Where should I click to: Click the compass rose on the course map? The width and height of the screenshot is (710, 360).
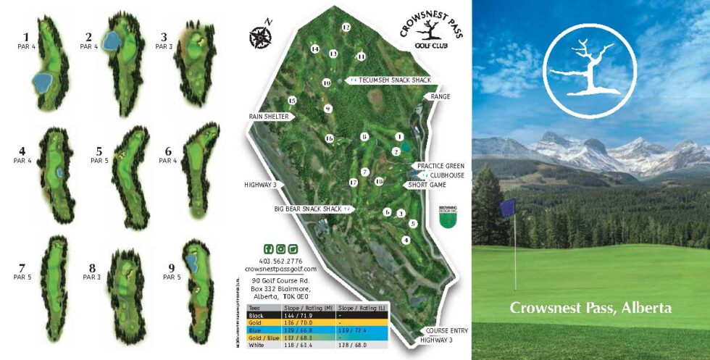[259, 35]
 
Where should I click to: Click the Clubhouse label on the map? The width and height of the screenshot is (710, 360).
[446, 175]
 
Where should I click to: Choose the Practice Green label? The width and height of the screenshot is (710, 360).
[440, 165]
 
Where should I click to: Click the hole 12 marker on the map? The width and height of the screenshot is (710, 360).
[346, 28]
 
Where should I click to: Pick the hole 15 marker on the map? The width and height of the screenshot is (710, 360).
[293, 101]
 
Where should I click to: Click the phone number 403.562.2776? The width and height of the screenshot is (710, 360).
[280, 261]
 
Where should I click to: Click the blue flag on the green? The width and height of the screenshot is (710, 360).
[507, 207]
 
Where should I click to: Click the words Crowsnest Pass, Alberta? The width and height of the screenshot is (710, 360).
[590, 308]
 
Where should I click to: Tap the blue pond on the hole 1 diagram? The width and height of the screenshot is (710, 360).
[43, 78]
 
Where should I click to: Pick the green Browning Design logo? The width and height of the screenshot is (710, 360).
[448, 214]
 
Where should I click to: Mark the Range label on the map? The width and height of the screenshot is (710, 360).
[440, 96]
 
